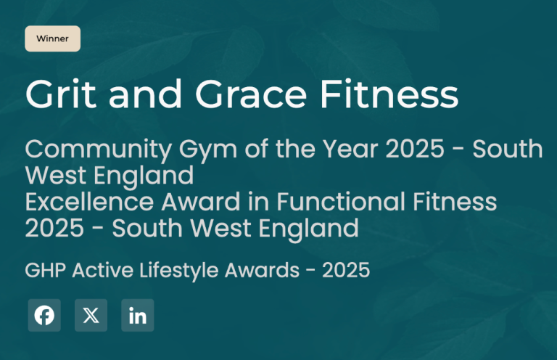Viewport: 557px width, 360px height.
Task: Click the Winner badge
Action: pos(52,38)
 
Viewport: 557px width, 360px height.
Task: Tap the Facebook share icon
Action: pos(44,315)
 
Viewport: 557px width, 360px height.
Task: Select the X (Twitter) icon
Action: pos(91,315)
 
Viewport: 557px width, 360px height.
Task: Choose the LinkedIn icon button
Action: pos(138,315)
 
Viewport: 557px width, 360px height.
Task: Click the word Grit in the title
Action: pos(61,94)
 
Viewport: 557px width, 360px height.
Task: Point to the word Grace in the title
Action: pos(250,94)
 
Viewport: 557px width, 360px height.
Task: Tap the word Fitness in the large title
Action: pos(389,94)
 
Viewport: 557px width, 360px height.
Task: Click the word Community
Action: pos(99,150)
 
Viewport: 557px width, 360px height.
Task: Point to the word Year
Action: pos(350,149)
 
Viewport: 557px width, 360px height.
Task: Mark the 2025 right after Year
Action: pos(415,149)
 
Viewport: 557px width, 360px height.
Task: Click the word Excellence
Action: pos(89,202)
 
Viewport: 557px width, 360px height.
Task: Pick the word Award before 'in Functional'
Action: pos(201,202)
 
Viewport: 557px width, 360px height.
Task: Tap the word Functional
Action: pos(341,202)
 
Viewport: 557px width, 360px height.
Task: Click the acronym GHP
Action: pos(46,270)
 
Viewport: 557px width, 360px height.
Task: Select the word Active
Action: pos(103,270)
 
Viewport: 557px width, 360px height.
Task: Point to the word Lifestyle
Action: pos(178,271)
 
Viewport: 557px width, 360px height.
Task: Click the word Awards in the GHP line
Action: pos(262,270)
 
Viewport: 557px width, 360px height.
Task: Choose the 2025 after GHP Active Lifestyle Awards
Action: pos(346,270)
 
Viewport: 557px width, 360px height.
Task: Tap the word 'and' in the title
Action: pos(145,94)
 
